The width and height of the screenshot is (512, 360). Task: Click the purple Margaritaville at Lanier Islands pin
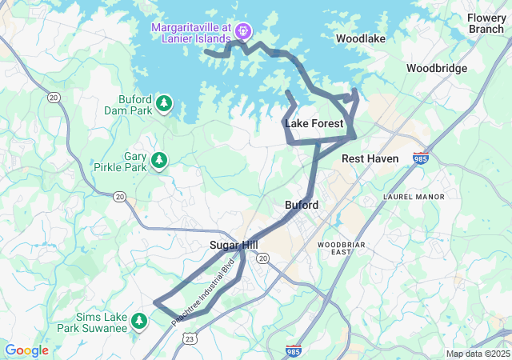[244, 32]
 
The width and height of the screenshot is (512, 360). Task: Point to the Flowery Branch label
[486, 23]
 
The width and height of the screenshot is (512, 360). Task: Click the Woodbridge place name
[436, 68]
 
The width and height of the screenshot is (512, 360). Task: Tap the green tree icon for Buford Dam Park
[164, 102]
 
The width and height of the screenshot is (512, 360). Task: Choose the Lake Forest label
[314, 123]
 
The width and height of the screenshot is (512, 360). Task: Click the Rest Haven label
[370, 158]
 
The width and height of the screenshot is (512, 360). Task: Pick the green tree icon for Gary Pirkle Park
[159, 161]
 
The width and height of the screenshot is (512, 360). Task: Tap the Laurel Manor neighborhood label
[413, 196]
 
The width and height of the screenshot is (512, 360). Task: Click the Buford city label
[302, 205]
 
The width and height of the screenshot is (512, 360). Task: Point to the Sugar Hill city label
[234, 245]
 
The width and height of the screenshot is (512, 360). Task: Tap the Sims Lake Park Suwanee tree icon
[139, 321]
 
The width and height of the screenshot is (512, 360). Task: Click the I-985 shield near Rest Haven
[420, 158]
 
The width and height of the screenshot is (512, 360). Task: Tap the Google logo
[27, 350]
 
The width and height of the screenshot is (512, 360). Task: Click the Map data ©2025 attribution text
[477, 354]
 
